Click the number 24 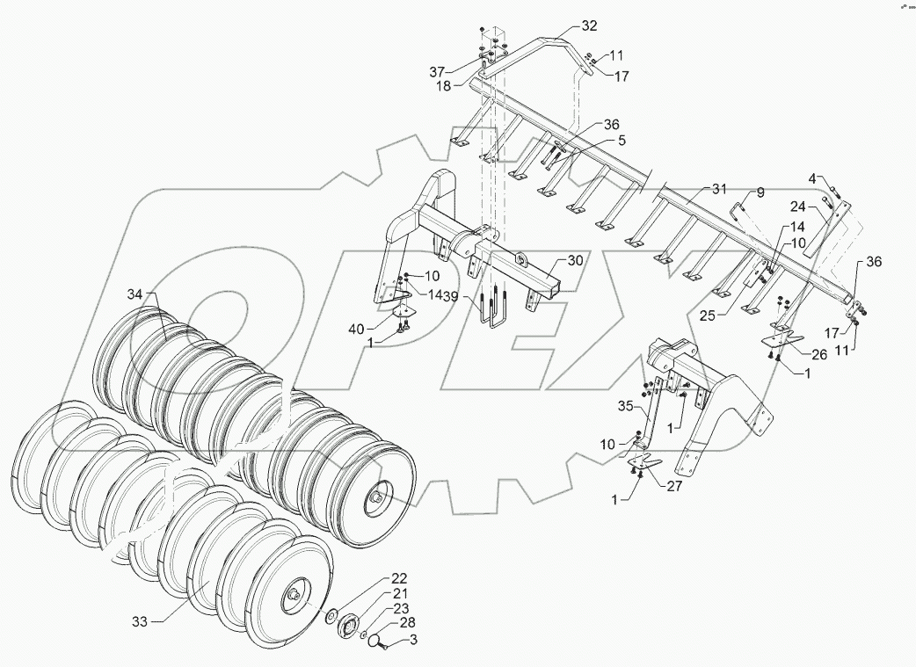tap(798, 207)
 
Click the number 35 tap(625, 407)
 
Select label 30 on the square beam tap(575, 260)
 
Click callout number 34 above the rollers tap(134, 294)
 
